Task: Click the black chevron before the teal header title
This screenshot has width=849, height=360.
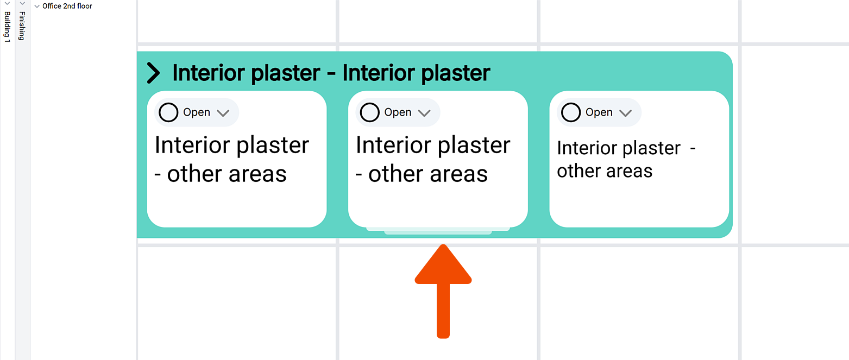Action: (x=154, y=73)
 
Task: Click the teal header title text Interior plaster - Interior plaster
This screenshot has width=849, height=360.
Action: (x=331, y=73)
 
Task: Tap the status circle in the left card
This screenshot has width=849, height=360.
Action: (x=168, y=112)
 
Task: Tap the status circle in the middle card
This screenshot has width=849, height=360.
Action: (x=369, y=112)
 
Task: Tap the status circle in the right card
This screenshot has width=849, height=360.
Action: (x=571, y=112)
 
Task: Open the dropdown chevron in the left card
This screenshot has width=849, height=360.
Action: (x=223, y=113)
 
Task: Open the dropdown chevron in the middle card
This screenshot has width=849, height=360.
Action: (x=424, y=113)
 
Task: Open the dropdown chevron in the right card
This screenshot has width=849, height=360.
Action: (x=625, y=113)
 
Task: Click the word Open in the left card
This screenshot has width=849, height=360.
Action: (x=197, y=112)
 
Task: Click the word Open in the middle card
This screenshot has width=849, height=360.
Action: (x=398, y=112)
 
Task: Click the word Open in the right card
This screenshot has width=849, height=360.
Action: (x=599, y=112)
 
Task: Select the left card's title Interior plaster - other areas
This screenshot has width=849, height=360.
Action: (x=232, y=160)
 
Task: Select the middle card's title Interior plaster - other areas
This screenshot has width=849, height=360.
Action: (x=433, y=160)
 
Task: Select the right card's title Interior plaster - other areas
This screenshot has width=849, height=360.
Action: (x=626, y=160)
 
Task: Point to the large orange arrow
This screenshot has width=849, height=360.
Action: (x=443, y=291)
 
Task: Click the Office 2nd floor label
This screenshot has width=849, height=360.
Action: (x=67, y=6)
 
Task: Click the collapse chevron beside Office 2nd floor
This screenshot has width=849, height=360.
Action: (x=37, y=6)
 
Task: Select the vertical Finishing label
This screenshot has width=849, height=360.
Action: (x=22, y=26)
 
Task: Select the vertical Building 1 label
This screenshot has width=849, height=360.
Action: (x=7, y=27)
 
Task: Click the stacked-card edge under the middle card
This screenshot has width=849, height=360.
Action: (x=438, y=231)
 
